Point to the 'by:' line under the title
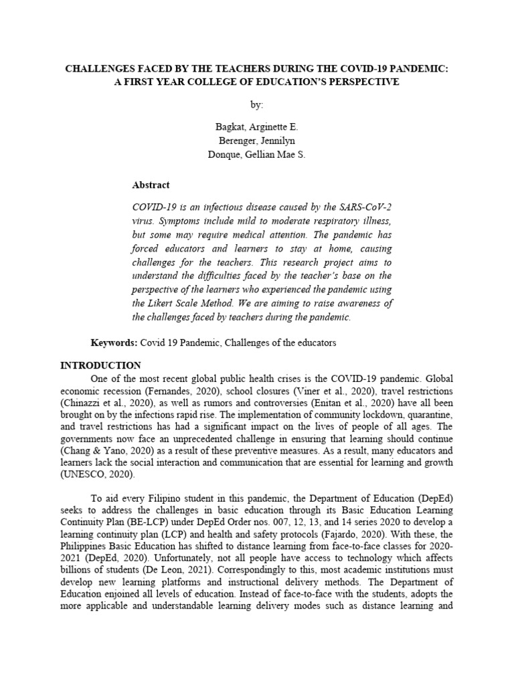257,105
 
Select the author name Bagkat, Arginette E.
257,127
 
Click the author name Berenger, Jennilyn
257,140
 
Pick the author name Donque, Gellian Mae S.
257,155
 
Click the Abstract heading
151,185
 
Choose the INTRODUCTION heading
101,365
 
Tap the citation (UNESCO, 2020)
97,474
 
